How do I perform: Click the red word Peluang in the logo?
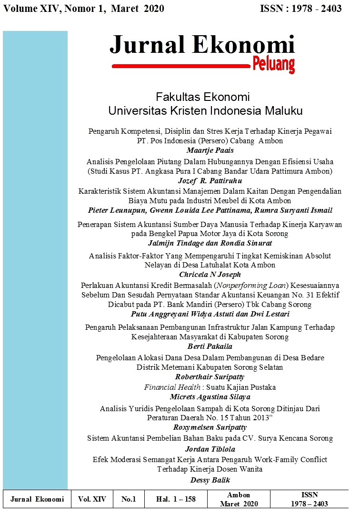[x=273, y=64]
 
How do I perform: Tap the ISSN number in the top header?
[x=301, y=9]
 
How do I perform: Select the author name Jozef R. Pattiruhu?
[x=210, y=181]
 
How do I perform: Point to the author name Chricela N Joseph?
[x=210, y=275]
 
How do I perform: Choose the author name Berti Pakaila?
[x=210, y=346]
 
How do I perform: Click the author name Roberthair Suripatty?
[x=210, y=377]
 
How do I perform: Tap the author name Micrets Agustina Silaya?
[x=210, y=397]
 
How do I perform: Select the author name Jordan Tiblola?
[x=210, y=449]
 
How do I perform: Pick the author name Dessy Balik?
[x=210, y=480]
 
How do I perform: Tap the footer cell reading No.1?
[x=129, y=499]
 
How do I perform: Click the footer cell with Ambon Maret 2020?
[x=239, y=499]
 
